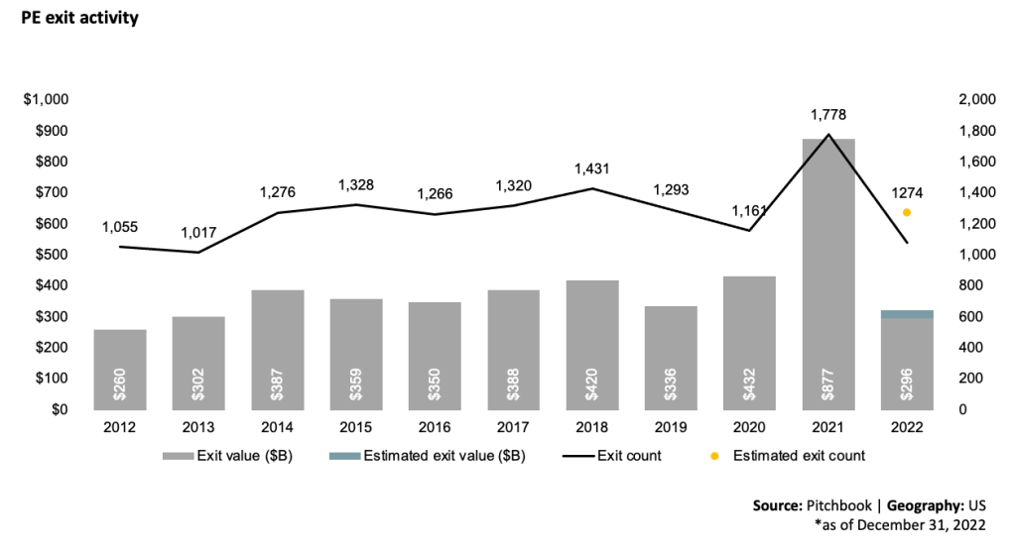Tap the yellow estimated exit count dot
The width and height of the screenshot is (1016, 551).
(906, 212)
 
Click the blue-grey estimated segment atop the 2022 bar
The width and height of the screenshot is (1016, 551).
(906, 314)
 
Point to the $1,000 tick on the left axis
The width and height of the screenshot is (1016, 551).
(46, 100)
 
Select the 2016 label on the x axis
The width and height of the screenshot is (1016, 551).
(434, 427)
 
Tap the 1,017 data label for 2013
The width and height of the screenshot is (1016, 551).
(198, 233)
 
